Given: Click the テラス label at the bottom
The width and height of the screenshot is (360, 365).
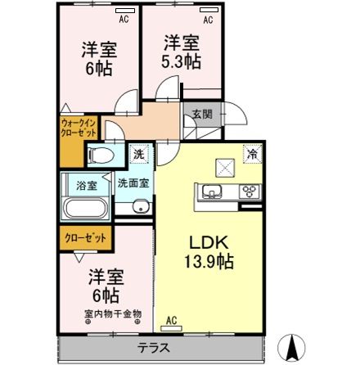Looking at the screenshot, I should (x=154, y=347).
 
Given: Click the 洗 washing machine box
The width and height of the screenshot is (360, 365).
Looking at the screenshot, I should (x=138, y=153).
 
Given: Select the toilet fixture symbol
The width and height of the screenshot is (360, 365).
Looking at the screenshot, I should (x=103, y=155).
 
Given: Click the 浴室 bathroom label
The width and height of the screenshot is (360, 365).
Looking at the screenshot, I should (x=86, y=185).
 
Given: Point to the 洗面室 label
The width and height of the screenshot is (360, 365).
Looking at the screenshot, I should (x=132, y=184).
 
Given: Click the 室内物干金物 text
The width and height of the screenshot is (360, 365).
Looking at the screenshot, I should (x=113, y=313).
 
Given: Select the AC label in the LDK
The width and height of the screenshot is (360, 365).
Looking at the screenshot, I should (x=173, y=320).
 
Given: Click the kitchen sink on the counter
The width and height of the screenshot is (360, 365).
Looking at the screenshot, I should (x=209, y=193).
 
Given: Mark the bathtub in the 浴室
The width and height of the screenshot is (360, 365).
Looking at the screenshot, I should (x=85, y=205).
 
